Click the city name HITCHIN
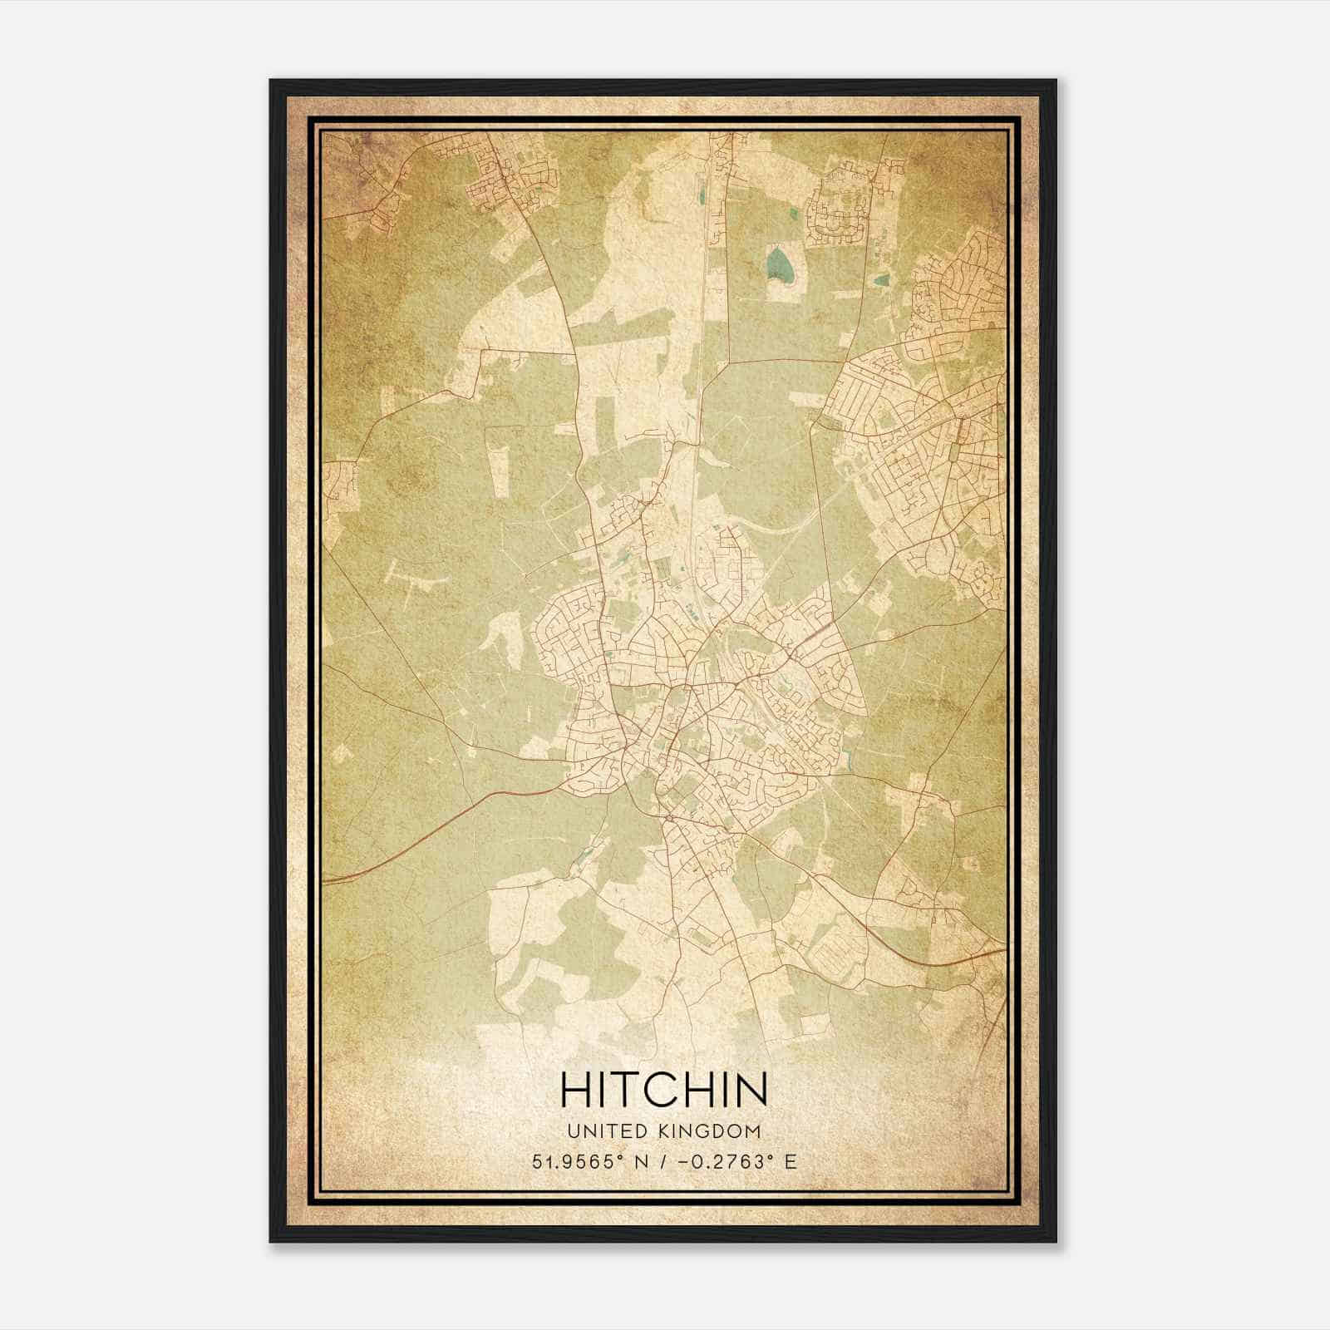click(x=663, y=1090)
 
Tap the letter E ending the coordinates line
click(x=790, y=1161)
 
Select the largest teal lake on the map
click(x=779, y=264)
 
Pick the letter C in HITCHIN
click(x=672, y=1090)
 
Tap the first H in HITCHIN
click(x=576, y=1090)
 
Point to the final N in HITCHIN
click(x=751, y=1090)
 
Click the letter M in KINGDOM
click(x=751, y=1130)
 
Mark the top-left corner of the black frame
click(x=271, y=81)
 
